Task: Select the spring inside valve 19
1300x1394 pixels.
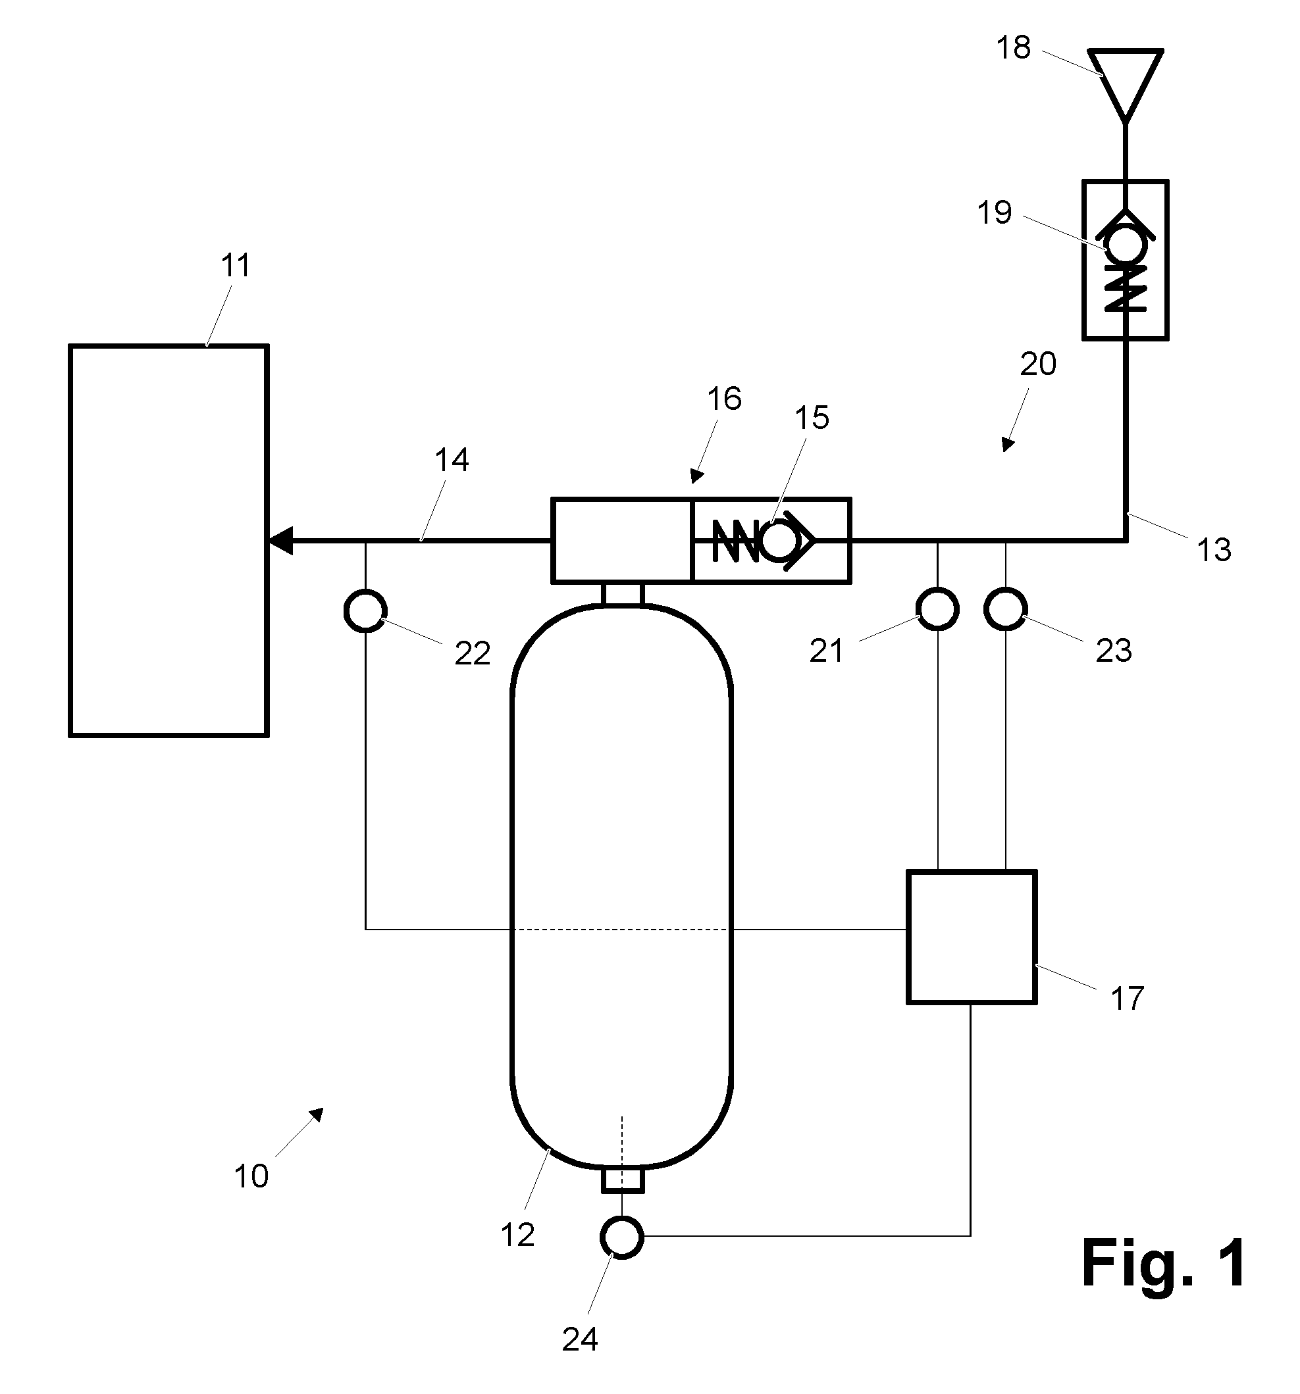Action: (1126, 288)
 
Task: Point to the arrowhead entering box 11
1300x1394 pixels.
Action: (280, 541)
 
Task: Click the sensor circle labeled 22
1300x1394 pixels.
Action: (365, 610)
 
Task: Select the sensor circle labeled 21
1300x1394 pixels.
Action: (937, 609)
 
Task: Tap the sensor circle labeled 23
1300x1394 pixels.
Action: (1005, 609)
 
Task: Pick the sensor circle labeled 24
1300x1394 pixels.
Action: (621, 1237)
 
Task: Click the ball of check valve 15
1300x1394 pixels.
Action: (779, 541)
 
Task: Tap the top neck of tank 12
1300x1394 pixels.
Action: (622, 593)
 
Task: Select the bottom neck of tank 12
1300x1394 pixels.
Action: (622, 1181)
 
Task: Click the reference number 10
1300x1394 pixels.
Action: (251, 1176)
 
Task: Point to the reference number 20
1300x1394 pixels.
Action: (1037, 364)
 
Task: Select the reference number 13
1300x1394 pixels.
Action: (1214, 550)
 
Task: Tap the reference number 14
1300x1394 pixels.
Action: (452, 460)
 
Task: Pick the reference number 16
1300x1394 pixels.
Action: (724, 399)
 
